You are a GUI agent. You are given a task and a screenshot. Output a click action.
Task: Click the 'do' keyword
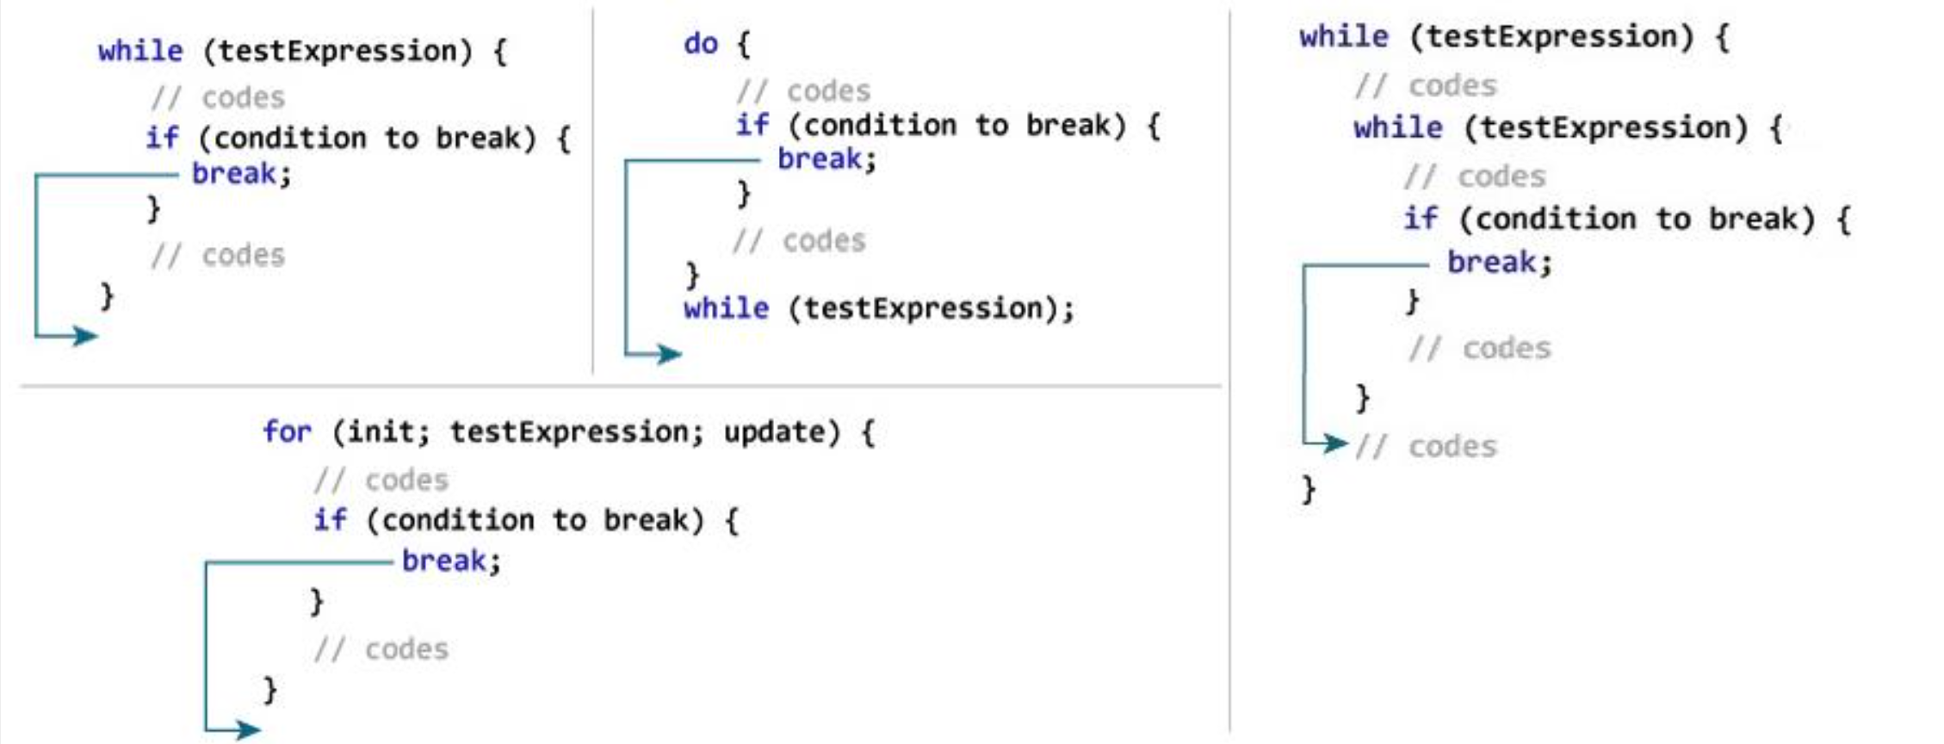701,43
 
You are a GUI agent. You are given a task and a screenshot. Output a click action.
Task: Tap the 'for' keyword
287,431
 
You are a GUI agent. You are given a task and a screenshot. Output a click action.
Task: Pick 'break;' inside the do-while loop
827,159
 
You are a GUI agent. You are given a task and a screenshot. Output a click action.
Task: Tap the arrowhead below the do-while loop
668,353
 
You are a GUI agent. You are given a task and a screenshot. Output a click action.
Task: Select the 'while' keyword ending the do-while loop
726,308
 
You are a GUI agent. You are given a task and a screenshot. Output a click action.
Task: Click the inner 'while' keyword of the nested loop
1397,128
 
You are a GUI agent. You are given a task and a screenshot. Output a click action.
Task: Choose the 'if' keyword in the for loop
330,520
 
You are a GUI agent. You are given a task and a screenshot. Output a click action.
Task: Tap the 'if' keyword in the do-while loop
752,125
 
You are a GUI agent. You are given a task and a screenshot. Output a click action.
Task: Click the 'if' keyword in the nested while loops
1421,219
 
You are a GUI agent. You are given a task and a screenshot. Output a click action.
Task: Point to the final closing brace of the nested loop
1309,489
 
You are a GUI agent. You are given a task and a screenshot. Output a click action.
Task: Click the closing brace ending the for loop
269,689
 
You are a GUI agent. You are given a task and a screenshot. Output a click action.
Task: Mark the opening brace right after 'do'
744,44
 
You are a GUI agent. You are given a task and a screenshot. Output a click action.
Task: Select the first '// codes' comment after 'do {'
803,90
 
